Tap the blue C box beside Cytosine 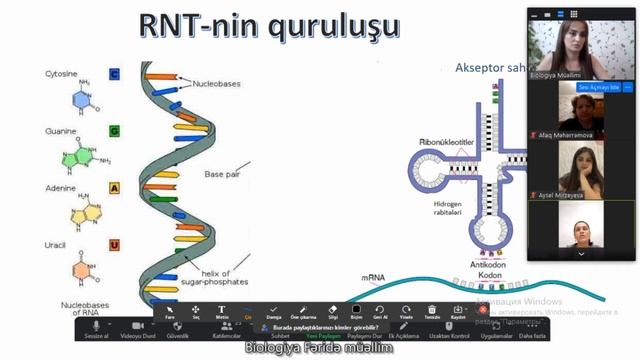114,74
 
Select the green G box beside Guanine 114,131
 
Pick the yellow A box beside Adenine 114,188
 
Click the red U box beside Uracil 114,245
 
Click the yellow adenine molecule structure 79,212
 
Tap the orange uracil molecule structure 78,271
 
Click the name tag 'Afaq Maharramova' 569,134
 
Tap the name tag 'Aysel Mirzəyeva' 565,193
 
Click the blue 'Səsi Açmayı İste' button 573,88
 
